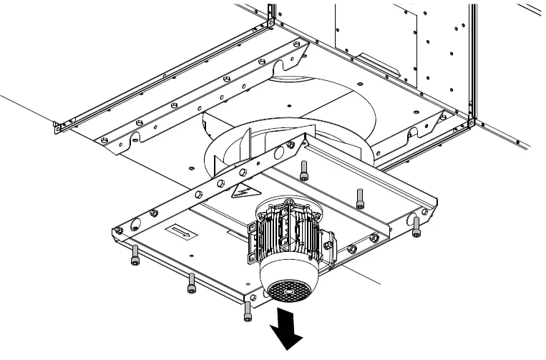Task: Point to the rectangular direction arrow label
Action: [x=179, y=232]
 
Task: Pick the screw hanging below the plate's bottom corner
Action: [x=248, y=310]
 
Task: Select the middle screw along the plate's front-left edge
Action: [x=191, y=283]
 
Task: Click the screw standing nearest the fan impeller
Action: [x=305, y=170]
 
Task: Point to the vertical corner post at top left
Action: [x=270, y=13]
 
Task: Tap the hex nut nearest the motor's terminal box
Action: [x=351, y=248]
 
